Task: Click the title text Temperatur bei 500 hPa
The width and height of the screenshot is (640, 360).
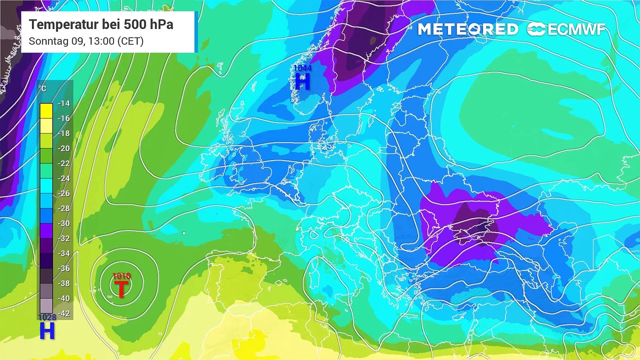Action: [101, 24]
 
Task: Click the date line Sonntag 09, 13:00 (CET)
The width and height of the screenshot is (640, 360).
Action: [86, 41]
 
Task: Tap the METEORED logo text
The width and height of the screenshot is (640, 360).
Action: [468, 29]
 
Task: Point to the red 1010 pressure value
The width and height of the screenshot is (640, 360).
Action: [121, 276]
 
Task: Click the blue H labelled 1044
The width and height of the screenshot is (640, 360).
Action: [302, 81]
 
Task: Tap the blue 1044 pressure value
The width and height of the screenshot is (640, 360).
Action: [302, 68]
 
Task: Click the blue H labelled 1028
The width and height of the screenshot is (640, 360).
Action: [47, 331]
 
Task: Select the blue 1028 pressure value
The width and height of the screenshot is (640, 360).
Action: [47, 317]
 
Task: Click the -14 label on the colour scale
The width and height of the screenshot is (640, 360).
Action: [63, 103]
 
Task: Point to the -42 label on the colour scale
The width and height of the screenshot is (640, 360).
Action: [63, 313]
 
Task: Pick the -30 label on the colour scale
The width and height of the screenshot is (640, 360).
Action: [63, 223]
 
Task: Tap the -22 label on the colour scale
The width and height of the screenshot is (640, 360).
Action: [63, 163]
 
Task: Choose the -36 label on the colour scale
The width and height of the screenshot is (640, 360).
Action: [63, 268]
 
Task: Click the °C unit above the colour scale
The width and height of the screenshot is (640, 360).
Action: [42, 89]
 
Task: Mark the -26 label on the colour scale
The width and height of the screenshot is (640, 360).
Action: [63, 193]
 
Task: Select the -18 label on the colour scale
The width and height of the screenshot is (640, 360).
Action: [63, 133]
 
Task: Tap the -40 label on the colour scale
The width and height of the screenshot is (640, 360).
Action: [63, 298]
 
